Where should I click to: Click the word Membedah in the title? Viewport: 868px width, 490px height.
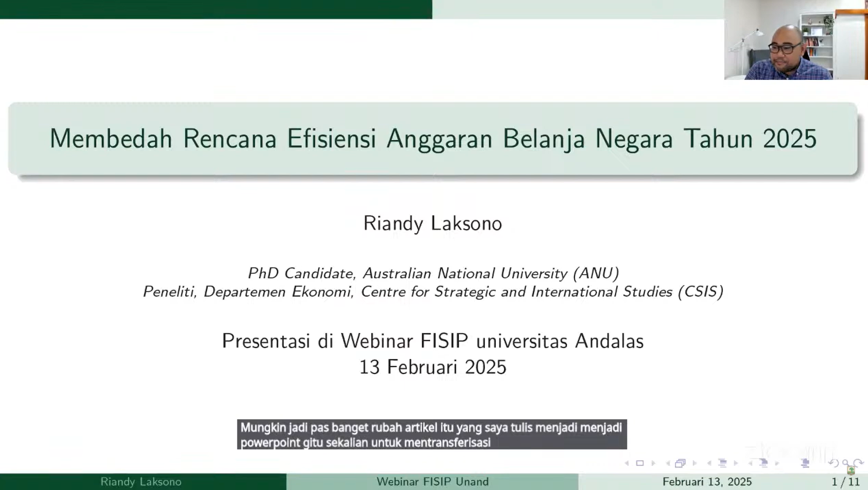[111, 139]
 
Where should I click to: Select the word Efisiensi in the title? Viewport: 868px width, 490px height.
[331, 139]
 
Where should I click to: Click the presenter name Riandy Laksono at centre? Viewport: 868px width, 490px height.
[432, 224]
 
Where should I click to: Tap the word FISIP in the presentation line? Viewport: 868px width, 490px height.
[444, 341]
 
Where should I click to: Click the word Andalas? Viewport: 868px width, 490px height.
[609, 341]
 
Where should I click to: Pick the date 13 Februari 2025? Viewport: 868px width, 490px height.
[433, 367]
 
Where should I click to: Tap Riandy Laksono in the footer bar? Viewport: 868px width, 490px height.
[141, 482]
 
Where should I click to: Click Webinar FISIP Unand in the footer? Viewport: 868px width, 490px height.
[432, 482]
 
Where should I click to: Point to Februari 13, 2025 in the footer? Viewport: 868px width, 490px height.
[707, 482]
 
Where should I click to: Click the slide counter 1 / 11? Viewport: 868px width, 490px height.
[846, 482]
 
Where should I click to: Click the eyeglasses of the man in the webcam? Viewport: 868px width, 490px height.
[784, 47]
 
